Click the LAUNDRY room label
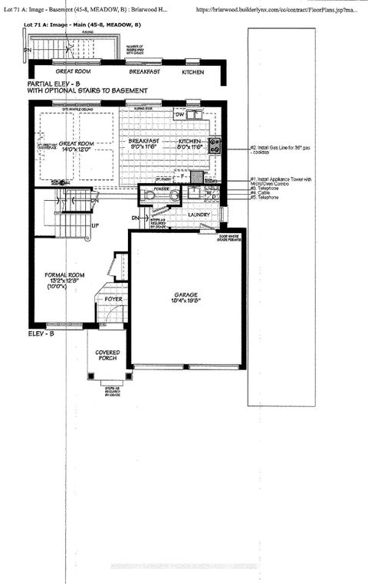[x=183, y=215]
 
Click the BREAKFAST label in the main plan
[x=144, y=142]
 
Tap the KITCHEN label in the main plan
[x=190, y=142]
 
